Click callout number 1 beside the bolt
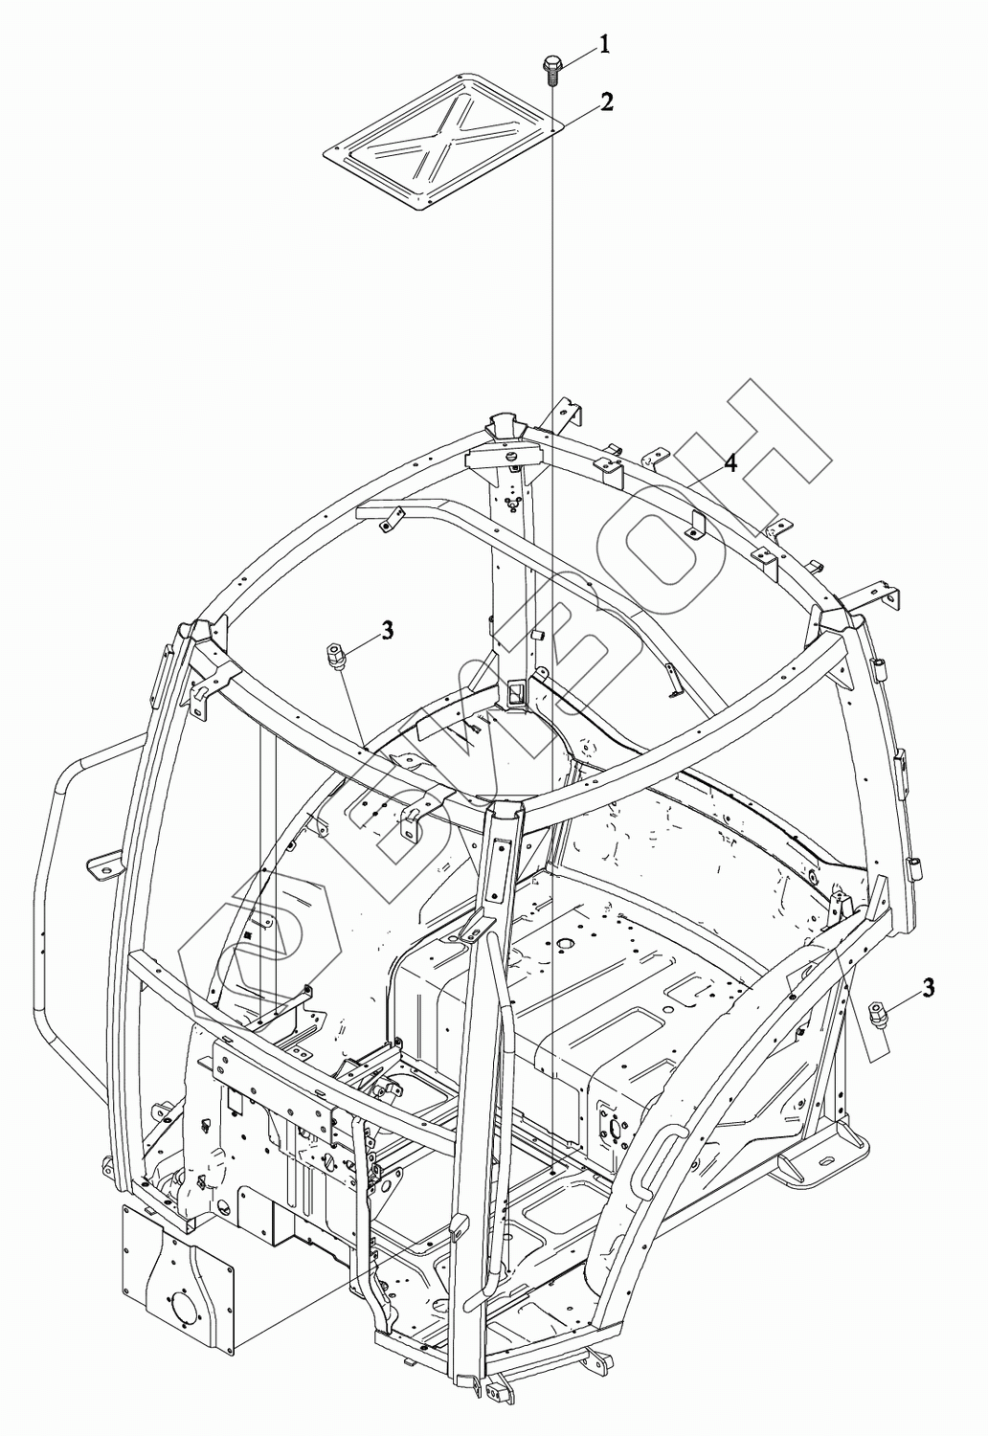(x=605, y=42)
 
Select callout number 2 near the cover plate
(x=607, y=102)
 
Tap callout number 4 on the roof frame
(x=730, y=463)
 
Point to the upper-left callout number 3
(x=387, y=629)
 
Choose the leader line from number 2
(x=578, y=116)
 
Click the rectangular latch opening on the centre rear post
(x=516, y=692)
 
